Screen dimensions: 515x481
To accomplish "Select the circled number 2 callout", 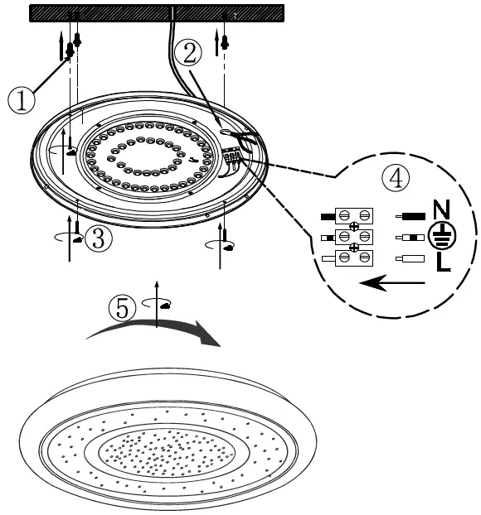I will pyautogui.click(x=190, y=54).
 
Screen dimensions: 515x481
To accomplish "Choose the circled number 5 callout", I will pyautogui.click(x=121, y=307).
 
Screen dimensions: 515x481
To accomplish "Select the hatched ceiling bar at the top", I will pyautogui.click(x=157, y=14).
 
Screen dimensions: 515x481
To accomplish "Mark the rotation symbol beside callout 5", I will pyautogui.click(x=158, y=304).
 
